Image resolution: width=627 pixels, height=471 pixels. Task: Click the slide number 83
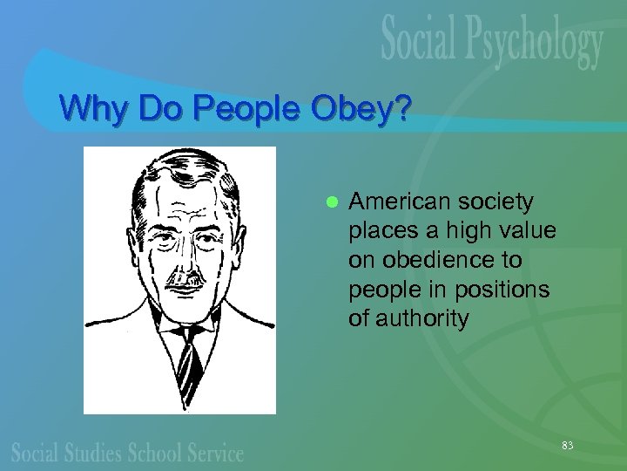[568, 446]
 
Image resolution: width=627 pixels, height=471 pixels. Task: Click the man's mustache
[184, 282]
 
